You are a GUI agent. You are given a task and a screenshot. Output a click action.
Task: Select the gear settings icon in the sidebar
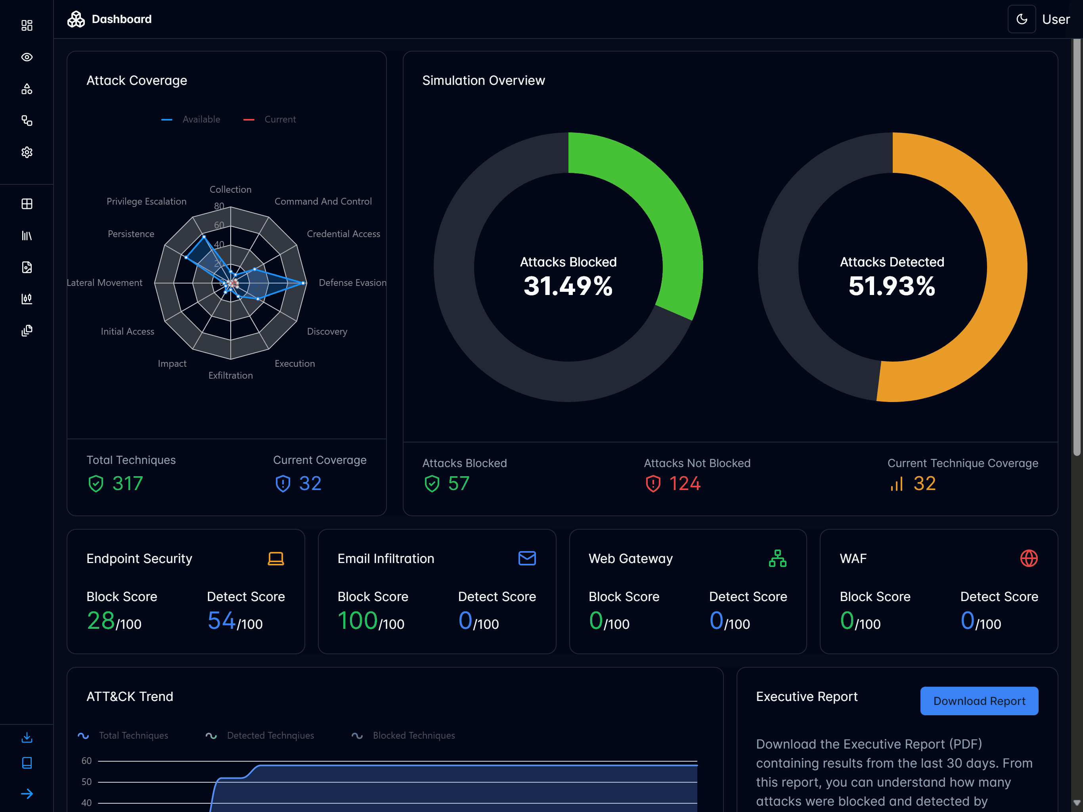[x=27, y=152]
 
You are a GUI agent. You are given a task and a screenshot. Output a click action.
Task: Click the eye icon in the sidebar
[x=27, y=57]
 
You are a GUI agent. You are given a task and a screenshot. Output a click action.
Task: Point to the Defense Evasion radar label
[x=352, y=283]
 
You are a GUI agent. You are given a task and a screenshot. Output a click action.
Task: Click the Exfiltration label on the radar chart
[x=231, y=375]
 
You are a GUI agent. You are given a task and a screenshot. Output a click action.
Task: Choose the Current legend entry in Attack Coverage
[x=279, y=119]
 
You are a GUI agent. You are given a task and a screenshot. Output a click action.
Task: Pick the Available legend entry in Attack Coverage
[x=201, y=119]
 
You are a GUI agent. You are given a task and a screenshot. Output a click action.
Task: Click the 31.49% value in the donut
[x=568, y=286]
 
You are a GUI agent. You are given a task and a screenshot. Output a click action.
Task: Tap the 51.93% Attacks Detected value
[x=892, y=286]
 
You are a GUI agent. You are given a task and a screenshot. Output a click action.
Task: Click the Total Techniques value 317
[x=127, y=483]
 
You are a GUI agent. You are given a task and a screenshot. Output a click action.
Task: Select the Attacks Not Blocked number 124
[x=685, y=483]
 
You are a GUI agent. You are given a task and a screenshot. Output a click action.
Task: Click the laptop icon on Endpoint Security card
[x=276, y=558]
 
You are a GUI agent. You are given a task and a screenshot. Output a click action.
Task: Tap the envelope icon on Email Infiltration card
[x=527, y=558]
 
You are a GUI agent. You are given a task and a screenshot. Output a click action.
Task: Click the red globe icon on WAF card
[x=1029, y=558]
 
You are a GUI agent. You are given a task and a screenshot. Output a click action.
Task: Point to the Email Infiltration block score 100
[x=358, y=620]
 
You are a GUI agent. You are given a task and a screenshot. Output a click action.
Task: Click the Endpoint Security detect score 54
[x=221, y=620]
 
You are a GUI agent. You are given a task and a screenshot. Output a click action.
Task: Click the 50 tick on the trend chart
[x=87, y=781]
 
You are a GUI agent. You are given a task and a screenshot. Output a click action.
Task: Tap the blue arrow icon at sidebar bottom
[x=27, y=793]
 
